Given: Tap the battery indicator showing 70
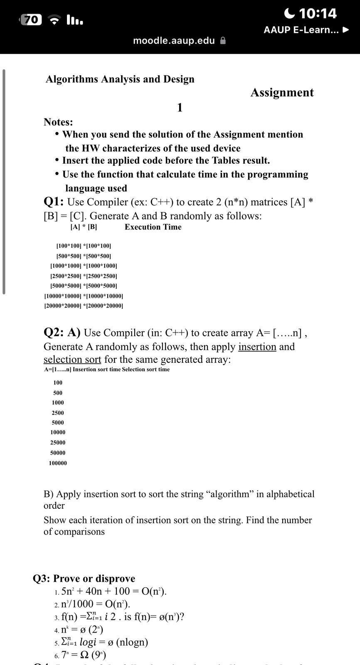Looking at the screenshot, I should [x=32, y=20].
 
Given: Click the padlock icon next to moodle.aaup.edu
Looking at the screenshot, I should [x=223, y=41].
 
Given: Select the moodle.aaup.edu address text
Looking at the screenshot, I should [x=174, y=41].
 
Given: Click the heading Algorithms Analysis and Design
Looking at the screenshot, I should [x=120, y=79].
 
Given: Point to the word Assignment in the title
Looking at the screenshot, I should [x=282, y=92].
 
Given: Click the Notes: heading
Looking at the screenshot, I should [x=58, y=122].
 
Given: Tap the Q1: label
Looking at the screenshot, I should [x=54, y=202].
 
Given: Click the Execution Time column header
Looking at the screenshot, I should [x=153, y=227].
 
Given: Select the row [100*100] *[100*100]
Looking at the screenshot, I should [x=84, y=246].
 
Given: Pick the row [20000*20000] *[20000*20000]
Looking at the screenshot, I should [x=84, y=306].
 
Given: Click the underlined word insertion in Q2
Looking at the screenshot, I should [x=257, y=347].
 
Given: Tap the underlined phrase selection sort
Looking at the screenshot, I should [x=72, y=360].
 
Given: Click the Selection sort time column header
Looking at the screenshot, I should [x=145, y=369].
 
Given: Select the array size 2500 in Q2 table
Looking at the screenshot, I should [x=58, y=413].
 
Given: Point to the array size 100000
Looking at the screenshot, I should [x=58, y=463].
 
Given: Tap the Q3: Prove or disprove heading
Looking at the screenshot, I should [x=84, y=579].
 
